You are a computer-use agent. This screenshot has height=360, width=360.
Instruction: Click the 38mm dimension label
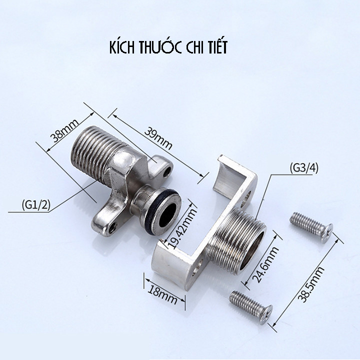pyautogui.click(x=64, y=130)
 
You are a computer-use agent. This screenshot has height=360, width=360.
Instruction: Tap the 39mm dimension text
pyautogui.click(x=158, y=139)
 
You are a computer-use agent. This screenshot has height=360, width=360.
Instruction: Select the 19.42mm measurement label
pyautogui.click(x=182, y=228)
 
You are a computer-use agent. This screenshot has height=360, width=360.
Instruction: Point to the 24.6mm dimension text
pyautogui.click(x=265, y=264)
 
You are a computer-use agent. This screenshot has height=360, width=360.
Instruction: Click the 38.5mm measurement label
pyautogui.click(x=311, y=284)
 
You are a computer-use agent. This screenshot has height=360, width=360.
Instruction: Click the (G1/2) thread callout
pyautogui.click(x=35, y=205)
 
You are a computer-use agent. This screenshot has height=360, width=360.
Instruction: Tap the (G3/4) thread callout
pyautogui.click(x=304, y=168)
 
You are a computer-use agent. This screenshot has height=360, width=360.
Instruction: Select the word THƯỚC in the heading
pyautogui.click(x=160, y=47)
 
